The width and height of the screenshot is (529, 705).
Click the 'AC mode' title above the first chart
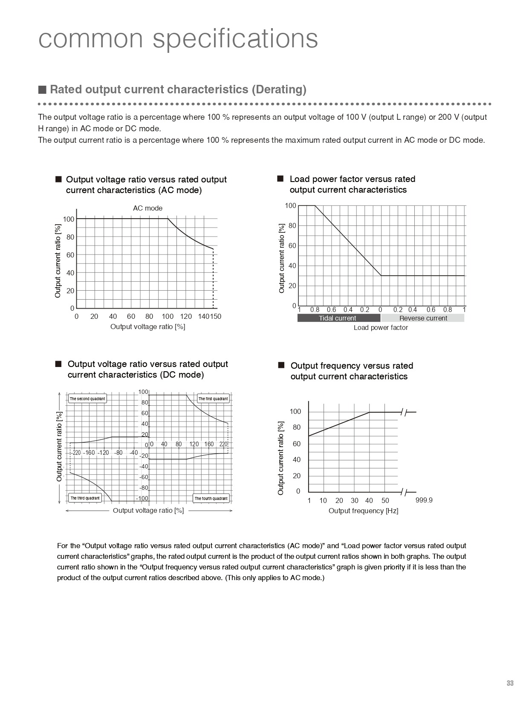147,208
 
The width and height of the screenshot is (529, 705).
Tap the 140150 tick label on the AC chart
210,316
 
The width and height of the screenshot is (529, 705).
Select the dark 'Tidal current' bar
338,318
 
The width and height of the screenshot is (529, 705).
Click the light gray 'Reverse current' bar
423,318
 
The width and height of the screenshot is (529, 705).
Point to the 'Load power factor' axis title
381,327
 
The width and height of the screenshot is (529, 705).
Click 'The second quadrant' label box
87,399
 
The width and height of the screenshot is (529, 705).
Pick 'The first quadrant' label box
213,399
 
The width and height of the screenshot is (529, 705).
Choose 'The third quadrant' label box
85,498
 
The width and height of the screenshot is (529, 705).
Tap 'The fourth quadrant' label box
211,498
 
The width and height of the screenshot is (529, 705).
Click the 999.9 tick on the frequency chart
424,500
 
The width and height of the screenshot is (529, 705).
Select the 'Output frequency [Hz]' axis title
363,511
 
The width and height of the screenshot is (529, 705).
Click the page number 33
510,683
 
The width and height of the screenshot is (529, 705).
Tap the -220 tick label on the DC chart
75,453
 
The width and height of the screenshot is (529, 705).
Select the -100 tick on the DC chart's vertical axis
142,498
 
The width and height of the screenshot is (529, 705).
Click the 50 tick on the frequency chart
385,500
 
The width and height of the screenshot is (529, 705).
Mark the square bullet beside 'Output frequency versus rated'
281,365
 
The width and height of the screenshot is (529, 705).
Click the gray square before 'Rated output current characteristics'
42,90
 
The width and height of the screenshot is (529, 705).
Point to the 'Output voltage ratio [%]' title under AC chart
147,326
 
